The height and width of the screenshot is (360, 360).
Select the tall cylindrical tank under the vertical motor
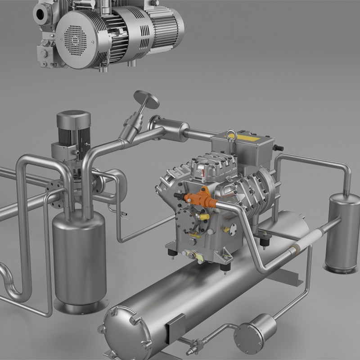coord(79,261)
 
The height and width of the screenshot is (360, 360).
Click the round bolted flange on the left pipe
coord(54,194)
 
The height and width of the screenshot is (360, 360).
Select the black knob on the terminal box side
coord(279,148)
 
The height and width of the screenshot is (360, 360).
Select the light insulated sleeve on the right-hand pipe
coord(303,241)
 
